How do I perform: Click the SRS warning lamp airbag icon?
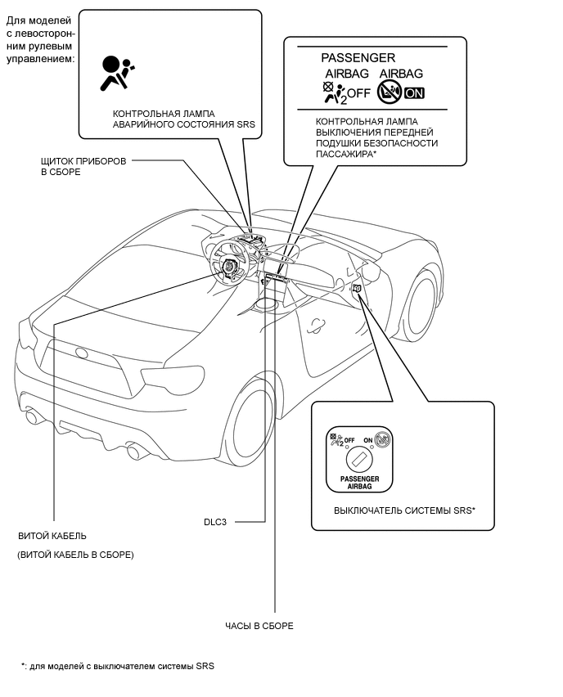(118, 72)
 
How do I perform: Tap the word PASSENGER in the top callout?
(358, 58)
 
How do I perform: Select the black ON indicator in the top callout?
(415, 92)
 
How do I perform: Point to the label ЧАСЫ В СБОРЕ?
(259, 626)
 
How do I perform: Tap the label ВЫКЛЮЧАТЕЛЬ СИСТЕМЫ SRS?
(404, 510)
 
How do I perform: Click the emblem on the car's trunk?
(82, 353)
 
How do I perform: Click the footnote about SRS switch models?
(118, 666)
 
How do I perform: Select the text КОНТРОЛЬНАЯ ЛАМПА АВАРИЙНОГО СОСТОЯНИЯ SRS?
(184, 119)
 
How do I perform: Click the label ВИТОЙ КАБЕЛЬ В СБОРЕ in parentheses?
(75, 555)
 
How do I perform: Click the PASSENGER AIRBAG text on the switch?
(359, 483)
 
